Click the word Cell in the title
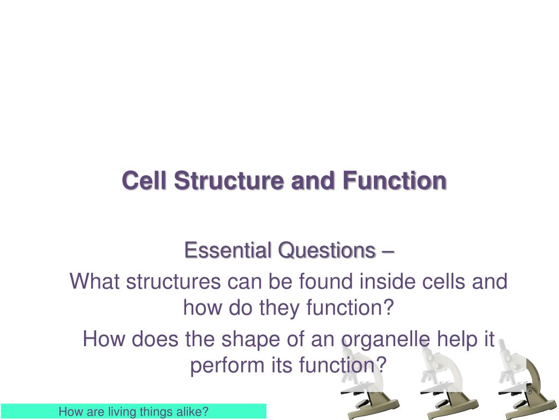point(144,180)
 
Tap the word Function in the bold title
point(394,180)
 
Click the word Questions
point(327,250)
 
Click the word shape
point(251,339)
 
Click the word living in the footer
point(123,412)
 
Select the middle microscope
point(448,381)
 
